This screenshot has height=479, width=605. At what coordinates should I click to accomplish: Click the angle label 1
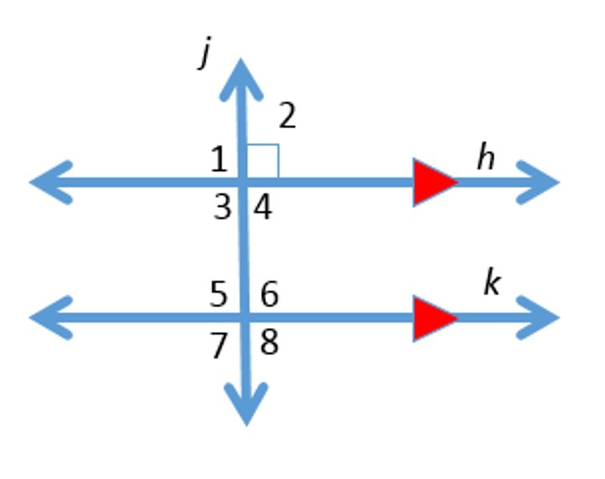(219, 160)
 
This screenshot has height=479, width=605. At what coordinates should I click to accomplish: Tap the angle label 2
(287, 117)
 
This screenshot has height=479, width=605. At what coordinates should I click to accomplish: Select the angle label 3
(222, 208)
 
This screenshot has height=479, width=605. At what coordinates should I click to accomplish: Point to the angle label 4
(263, 208)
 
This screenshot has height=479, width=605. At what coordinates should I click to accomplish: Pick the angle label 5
(219, 295)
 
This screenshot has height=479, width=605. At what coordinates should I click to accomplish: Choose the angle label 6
(269, 295)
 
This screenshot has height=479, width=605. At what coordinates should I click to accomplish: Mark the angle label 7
(219, 346)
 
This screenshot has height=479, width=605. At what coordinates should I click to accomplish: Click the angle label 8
(269, 343)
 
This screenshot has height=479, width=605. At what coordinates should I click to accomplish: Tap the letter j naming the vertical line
(207, 56)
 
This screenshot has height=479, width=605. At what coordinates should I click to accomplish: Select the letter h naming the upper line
(486, 158)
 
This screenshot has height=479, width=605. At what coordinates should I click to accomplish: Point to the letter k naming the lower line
(491, 283)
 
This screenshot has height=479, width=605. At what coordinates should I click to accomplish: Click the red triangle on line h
(434, 182)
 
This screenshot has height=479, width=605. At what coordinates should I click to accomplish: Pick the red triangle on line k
(434, 319)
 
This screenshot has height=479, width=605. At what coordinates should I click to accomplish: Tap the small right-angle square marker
(263, 160)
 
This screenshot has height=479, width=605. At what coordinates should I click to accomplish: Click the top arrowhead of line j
(240, 76)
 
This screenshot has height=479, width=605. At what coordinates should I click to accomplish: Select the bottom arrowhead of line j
(246, 405)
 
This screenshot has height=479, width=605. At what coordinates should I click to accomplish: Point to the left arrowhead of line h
(50, 182)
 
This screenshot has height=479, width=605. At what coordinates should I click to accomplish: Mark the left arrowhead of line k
(50, 318)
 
